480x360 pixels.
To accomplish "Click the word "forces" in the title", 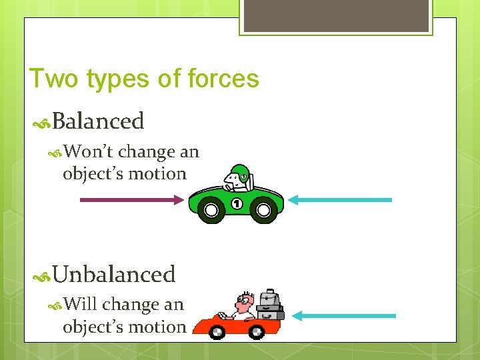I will (224, 79).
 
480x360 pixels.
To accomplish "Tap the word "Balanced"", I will (98, 121).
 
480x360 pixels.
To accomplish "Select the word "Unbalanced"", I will (114, 274).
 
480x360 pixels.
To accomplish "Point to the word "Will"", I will (81, 305).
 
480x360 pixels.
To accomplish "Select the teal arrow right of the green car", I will (343, 199).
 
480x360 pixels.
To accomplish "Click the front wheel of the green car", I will (211, 211).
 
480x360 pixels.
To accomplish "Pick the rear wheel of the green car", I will (264, 211).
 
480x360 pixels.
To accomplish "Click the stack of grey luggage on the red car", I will (269, 305).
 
